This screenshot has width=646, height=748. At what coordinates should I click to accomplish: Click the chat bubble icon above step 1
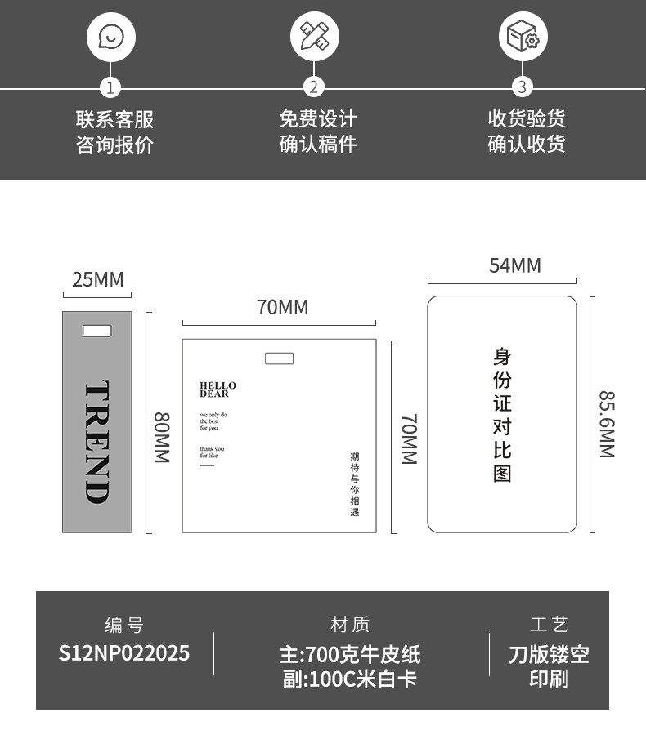tap(110, 37)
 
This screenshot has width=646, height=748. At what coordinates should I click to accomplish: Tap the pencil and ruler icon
tap(315, 37)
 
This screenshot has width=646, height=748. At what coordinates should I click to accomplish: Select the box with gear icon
tap(523, 37)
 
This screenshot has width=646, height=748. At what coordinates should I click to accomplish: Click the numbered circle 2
tap(315, 87)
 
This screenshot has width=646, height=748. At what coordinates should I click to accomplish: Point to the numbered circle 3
tap(523, 87)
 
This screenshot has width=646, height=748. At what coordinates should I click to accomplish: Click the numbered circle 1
tap(110, 87)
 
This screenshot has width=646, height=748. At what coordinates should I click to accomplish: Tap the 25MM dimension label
tap(97, 280)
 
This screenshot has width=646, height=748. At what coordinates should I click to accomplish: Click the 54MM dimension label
tap(514, 265)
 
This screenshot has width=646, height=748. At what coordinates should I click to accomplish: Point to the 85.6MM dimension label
tap(607, 424)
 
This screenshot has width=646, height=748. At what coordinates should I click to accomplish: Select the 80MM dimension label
tap(162, 438)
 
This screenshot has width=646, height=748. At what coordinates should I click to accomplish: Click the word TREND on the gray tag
tap(97, 441)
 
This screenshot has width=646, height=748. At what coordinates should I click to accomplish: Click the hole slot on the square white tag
tap(279, 358)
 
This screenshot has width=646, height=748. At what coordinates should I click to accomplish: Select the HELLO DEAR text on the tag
tap(218, 390)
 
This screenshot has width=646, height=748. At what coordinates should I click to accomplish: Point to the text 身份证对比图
tap(502, 414)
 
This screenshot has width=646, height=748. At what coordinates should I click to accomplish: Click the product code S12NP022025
tap(124, 653)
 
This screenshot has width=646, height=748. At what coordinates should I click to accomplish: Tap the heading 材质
tap(350, 625)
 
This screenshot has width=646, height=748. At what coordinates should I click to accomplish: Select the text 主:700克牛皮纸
tap(350, 654)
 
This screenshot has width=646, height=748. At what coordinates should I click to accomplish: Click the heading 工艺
tap(549, 626)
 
